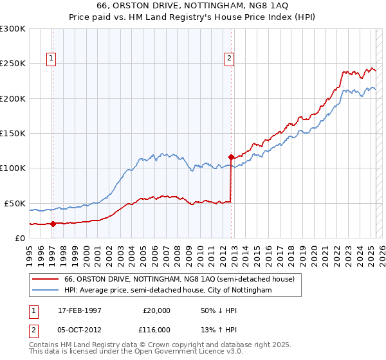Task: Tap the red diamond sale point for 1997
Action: point(53,224)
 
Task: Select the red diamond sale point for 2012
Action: point(231,156)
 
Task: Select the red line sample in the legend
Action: point(45,279)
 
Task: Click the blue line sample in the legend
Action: point(45,291)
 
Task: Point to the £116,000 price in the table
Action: point(156,329)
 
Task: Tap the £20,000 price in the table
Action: point(156,310)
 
